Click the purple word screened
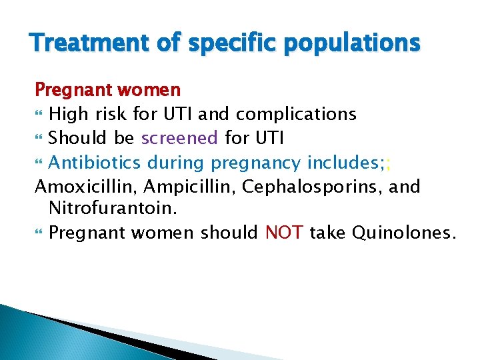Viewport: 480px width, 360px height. [179, 138]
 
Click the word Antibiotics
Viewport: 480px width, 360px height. [95, 162]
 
